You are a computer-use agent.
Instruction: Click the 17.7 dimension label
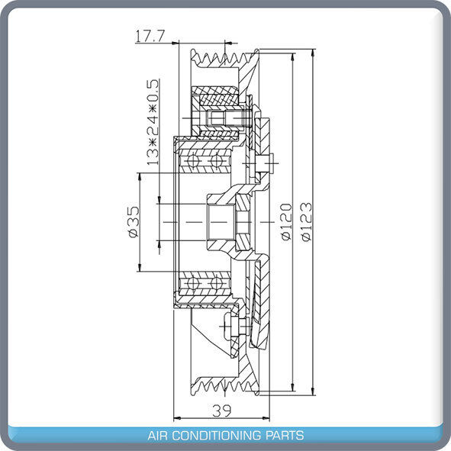click(150, 36)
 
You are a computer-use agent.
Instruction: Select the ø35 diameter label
click(134, 222)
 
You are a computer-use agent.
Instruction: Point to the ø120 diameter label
click(286, 222)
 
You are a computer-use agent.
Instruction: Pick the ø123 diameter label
click(306, 222)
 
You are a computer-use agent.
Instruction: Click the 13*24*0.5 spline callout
click(153, 122)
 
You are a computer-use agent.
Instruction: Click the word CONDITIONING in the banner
click(217, 435)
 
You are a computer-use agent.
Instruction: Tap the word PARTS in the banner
click(284, 435)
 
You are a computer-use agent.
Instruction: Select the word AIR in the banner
click(158, 435)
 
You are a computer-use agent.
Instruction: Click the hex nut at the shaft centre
click(243, 222)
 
